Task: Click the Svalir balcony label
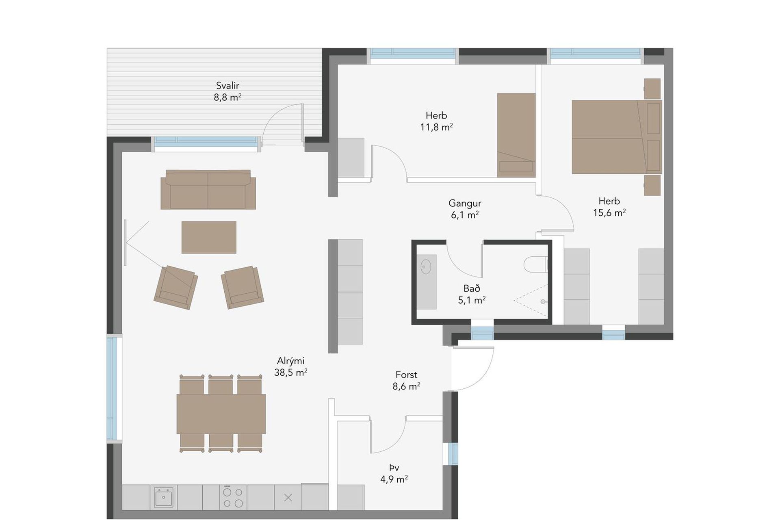point(227,86)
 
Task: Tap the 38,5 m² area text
point(290,373)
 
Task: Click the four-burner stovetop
point(233,497)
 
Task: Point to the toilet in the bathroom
point(536,264)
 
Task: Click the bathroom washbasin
point(426,267)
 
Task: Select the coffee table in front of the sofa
point(209,237)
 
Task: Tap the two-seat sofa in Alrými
point(208,190)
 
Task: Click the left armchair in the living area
point(176,287)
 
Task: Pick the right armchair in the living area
point(242,287)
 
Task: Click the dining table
point(221,414)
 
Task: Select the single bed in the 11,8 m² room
point(516,135)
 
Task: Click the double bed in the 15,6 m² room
point(617,137)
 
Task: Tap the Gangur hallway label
point(465,203)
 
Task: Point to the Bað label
point(472,288)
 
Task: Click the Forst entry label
point(406,375)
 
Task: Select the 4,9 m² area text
point(394,479)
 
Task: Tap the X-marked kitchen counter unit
point(288,497)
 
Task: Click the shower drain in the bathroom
point(543,301)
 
